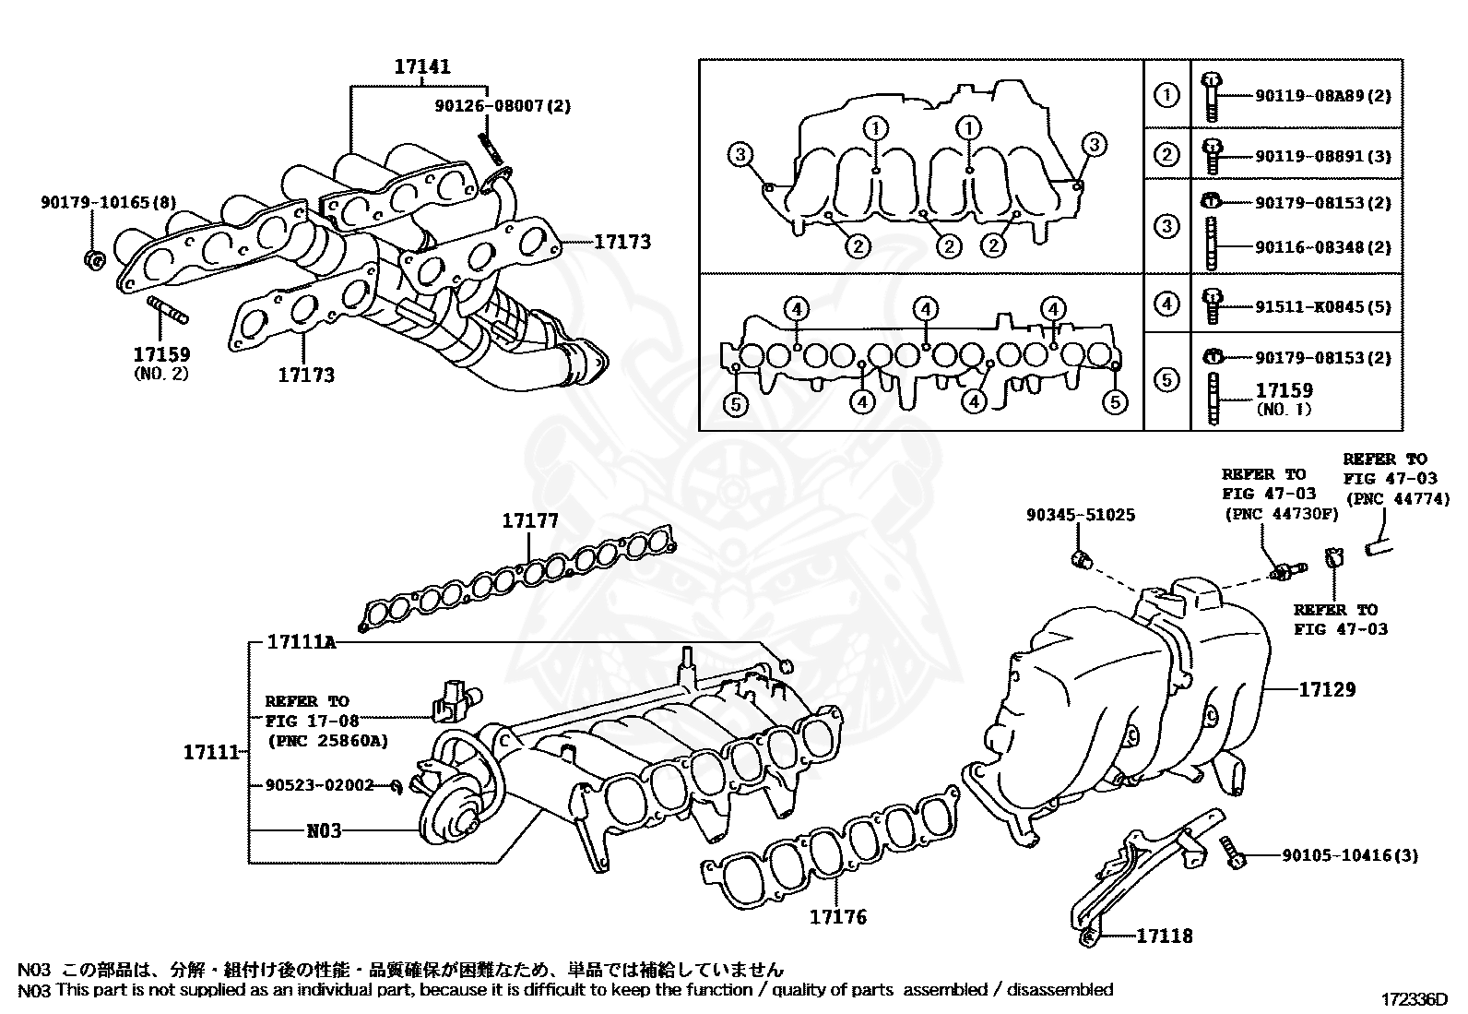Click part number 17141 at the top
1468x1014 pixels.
coord(422,66)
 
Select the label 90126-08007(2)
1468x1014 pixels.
coord(503,105)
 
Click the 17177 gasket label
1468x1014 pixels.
coord(530,521)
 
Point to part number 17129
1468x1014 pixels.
coord(1328,689)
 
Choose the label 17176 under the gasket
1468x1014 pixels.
coord(838,916)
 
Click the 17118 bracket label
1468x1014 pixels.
coord(1165,936)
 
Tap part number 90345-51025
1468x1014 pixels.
coord(1081,515)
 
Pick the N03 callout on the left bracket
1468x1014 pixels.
coord(324,830)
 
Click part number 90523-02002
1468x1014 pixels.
coord(319,785)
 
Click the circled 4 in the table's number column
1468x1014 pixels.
coord(1166,303)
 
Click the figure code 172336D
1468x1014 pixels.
coord(1415,999)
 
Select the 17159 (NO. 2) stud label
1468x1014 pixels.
coord(161,355)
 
